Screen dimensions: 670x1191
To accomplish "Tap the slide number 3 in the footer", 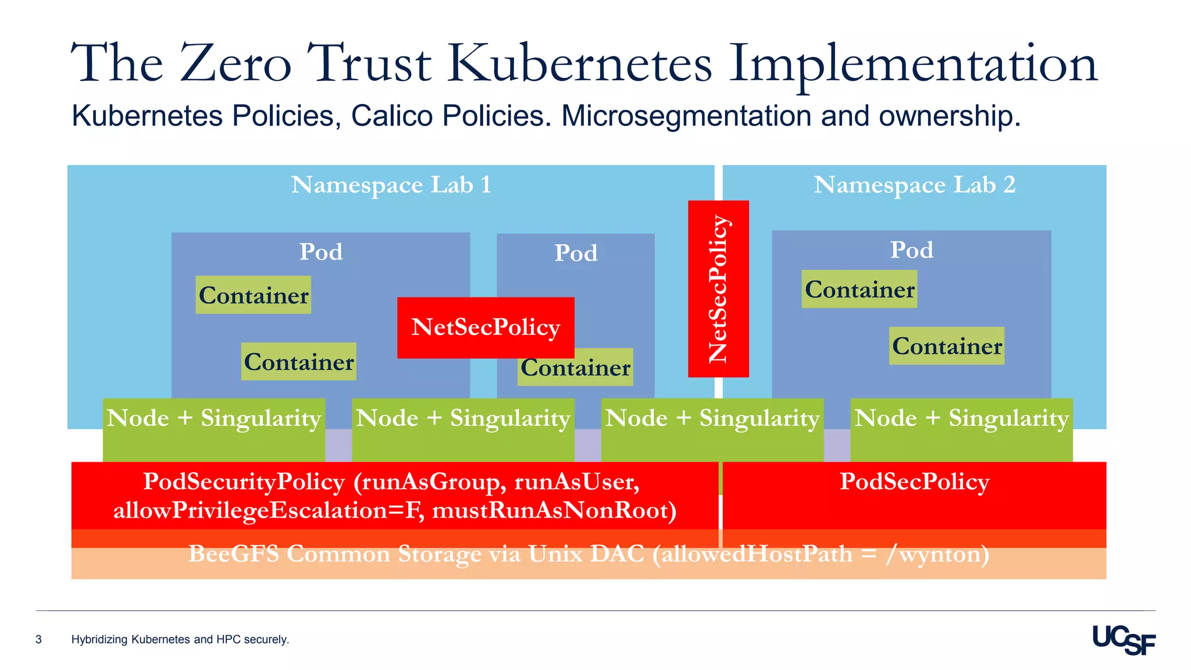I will [x=39, y=640].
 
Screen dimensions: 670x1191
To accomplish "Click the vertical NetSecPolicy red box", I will [x=718, y=289].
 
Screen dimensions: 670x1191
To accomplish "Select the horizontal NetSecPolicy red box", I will [x=486, y=327].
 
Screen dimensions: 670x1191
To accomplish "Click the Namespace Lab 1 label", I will [x=391, y=185].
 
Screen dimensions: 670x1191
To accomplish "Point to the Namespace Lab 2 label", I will [x=914, y=185].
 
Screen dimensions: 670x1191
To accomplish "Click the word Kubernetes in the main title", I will [x=580, y=64].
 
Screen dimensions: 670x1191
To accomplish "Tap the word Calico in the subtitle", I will [x=391, y=116].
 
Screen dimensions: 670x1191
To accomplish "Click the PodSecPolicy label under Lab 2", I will [x=914, y=482].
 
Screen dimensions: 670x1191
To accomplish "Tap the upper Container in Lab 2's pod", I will [x=859, y=290].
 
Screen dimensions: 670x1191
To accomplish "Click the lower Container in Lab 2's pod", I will [x=946, y=346].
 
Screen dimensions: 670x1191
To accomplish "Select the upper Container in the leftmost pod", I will [x=253, y=295].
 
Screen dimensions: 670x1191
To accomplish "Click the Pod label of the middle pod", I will [x=575, y=253].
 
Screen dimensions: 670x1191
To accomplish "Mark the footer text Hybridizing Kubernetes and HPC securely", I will [x=180, y=640].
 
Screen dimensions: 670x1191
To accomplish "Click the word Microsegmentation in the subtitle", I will [x=686, y=116].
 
